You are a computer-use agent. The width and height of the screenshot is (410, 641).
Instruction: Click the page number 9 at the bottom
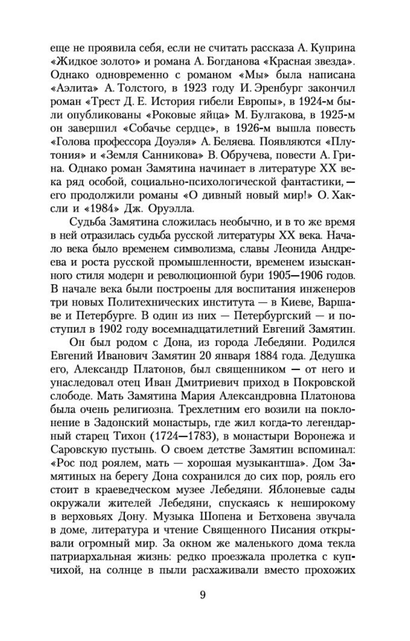pyautogui.click(x=203, y=595)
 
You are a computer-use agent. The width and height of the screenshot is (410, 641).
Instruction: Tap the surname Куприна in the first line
pyautogui.click(x=329, y=48)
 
